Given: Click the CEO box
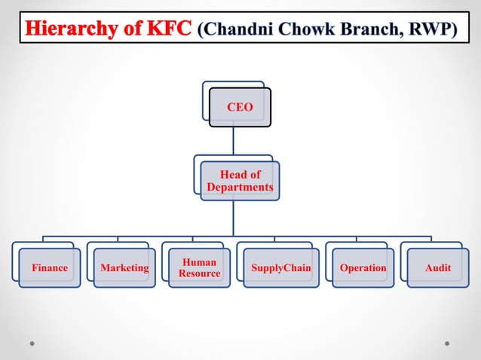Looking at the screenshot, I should (240, 108).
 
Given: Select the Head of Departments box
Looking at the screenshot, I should (240, 181).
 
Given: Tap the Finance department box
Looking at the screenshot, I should (50, 268).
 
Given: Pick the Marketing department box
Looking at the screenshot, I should (124, 268).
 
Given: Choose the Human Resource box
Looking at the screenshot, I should (199, 268).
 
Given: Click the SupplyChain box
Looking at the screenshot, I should (280, 268).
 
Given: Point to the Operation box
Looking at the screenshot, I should (363, 268).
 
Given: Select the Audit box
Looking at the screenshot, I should (438, 268).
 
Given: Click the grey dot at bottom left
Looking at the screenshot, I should (32, 343).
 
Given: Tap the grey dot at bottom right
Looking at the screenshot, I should (447, 343).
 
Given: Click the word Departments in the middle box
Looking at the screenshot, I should (240, 187).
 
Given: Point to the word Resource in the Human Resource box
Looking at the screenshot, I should (199, 273).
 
